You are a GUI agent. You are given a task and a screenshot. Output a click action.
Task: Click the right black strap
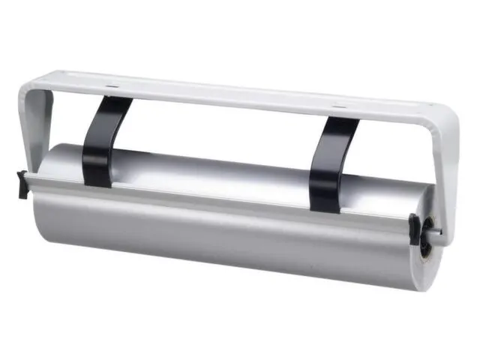point(330,161)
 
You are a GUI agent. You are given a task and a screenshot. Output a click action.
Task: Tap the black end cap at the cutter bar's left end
point(23,184)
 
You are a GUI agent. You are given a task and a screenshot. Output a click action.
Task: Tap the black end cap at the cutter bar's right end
point(415,227)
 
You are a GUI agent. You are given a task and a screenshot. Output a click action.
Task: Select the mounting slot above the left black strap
point(112,88)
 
